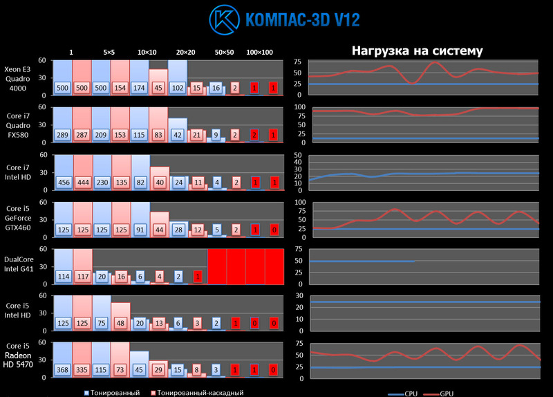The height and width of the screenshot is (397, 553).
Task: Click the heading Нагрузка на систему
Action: (418, 50)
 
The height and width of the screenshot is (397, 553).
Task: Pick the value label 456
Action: (63, 183)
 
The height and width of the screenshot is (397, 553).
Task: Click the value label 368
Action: (63, 370)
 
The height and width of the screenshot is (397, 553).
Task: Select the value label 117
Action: (82, 277)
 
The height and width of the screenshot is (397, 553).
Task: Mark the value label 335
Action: (82, 370)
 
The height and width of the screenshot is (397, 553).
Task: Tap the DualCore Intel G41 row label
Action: (19, 265)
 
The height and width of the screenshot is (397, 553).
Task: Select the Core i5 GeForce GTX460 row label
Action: (19, 219)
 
